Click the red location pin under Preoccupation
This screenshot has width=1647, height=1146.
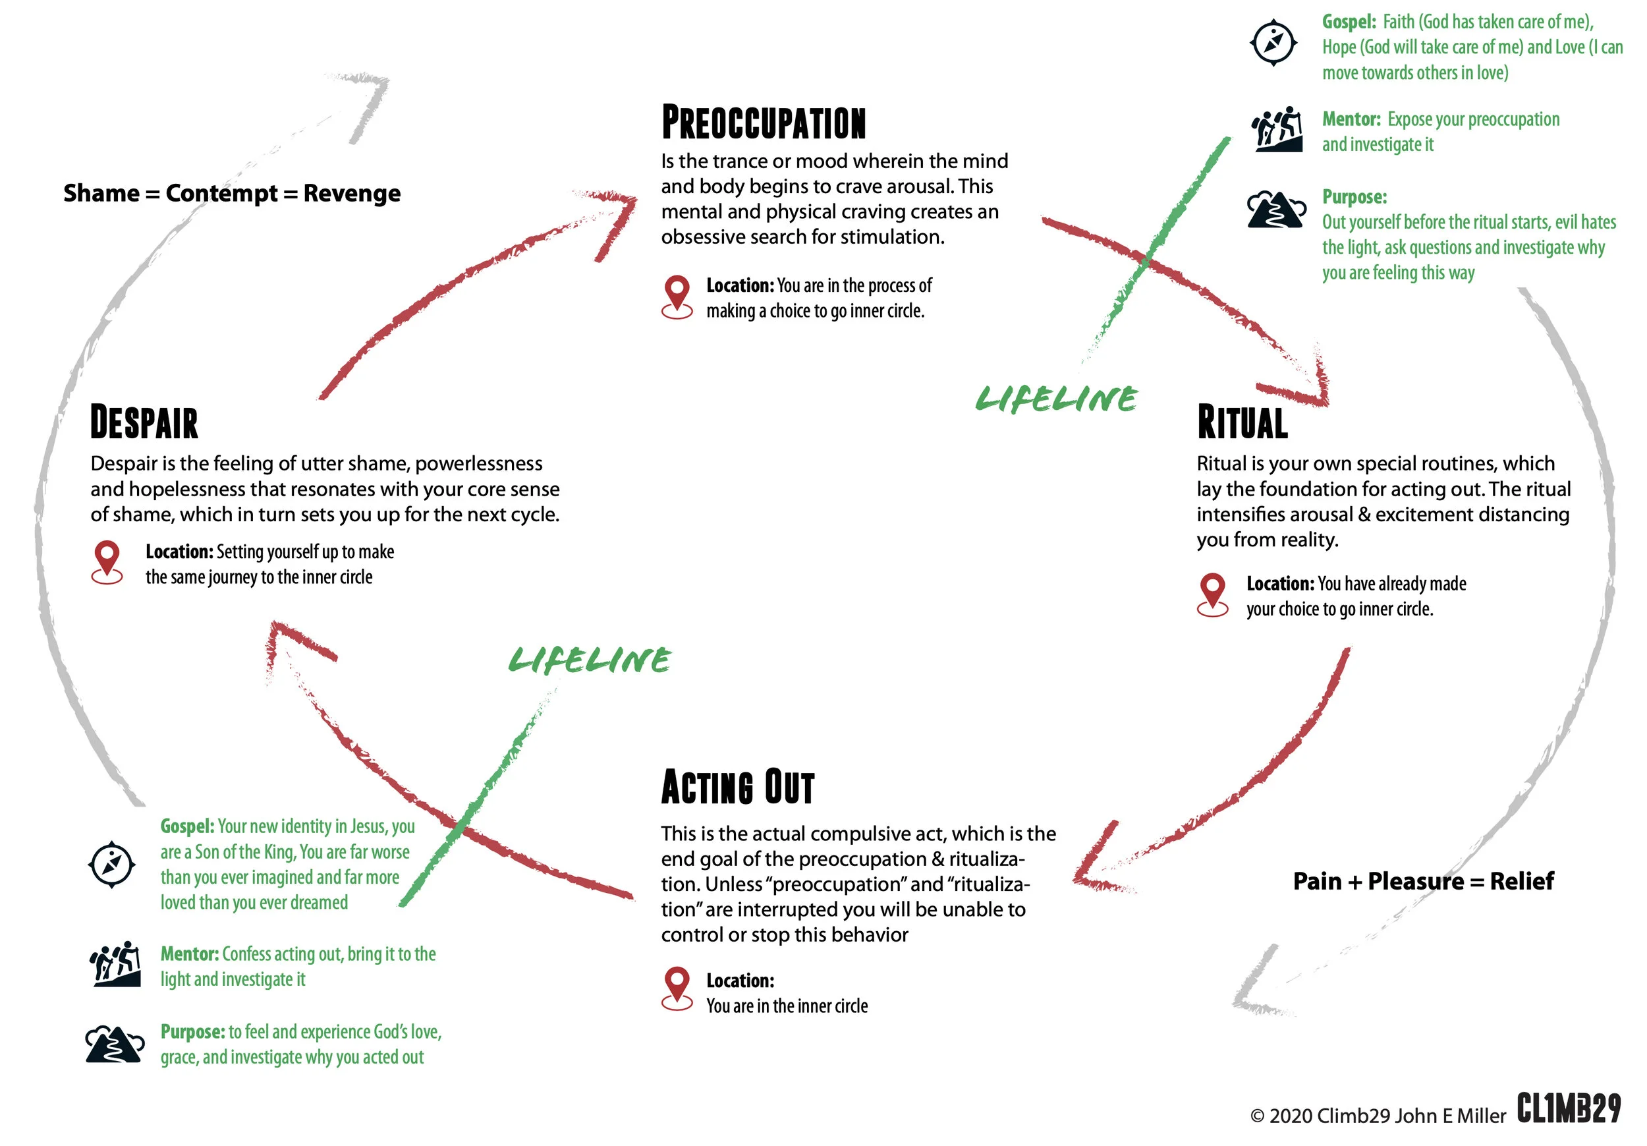point(677,296)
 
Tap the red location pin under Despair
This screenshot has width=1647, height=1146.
point(107,561)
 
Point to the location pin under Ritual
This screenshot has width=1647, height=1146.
point(1212,594)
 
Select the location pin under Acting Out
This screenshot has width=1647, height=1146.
point(677,988)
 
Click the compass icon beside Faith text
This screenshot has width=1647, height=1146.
point(1273,43)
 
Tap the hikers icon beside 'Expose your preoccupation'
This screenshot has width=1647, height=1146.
point(1277,129)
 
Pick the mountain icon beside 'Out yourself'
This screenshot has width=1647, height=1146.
point(1276,210)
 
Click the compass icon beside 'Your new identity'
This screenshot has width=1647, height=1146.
point(112,864)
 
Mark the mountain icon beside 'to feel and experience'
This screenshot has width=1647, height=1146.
point(115,1043)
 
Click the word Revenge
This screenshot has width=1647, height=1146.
point(352,193)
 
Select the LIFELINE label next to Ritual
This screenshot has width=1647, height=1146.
point(1056,399)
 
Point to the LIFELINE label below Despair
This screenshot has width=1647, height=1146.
point(590,660)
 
